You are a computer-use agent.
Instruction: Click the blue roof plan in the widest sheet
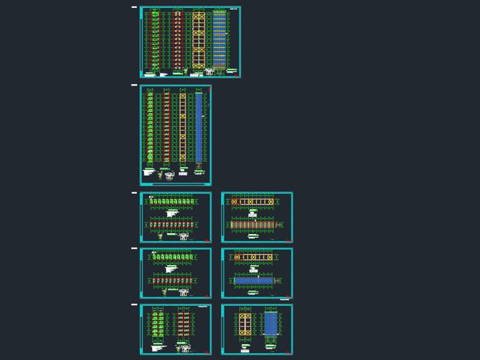(219, 39)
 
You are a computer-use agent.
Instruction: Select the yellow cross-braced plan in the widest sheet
(199, 39)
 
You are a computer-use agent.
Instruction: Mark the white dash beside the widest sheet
(134, 8)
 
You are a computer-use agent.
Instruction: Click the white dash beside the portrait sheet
(134, 86)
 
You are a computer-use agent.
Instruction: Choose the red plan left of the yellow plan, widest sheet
(176, 39)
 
